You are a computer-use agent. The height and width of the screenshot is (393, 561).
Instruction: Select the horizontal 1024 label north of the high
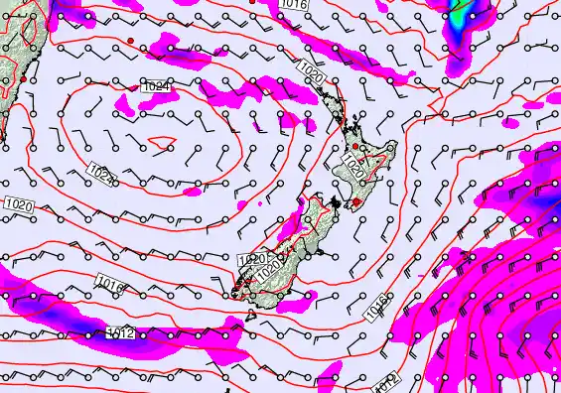(x=154, y=87)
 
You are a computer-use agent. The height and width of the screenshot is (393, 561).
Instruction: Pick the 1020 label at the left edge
(x=18, y=204)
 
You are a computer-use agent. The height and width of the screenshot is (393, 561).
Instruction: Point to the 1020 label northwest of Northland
(x=309, y=71)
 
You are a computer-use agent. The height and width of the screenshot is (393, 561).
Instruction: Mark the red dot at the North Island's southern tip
(x=355, y=202)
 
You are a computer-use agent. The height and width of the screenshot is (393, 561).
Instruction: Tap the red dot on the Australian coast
(x=22, y=77)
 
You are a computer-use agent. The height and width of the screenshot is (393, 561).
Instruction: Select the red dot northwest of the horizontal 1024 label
(x=130, y=40)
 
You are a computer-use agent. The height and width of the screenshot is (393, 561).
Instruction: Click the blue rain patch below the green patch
(x=456, y=55)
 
